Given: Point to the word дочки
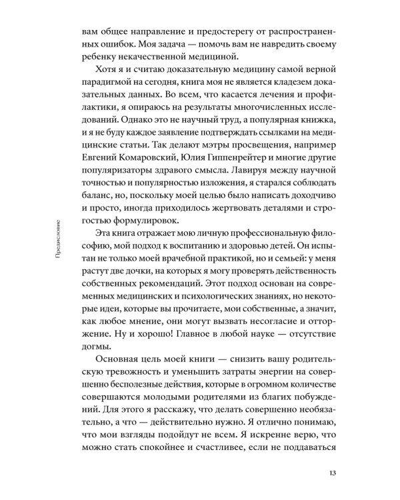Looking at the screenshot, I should click(x=145, y=269).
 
